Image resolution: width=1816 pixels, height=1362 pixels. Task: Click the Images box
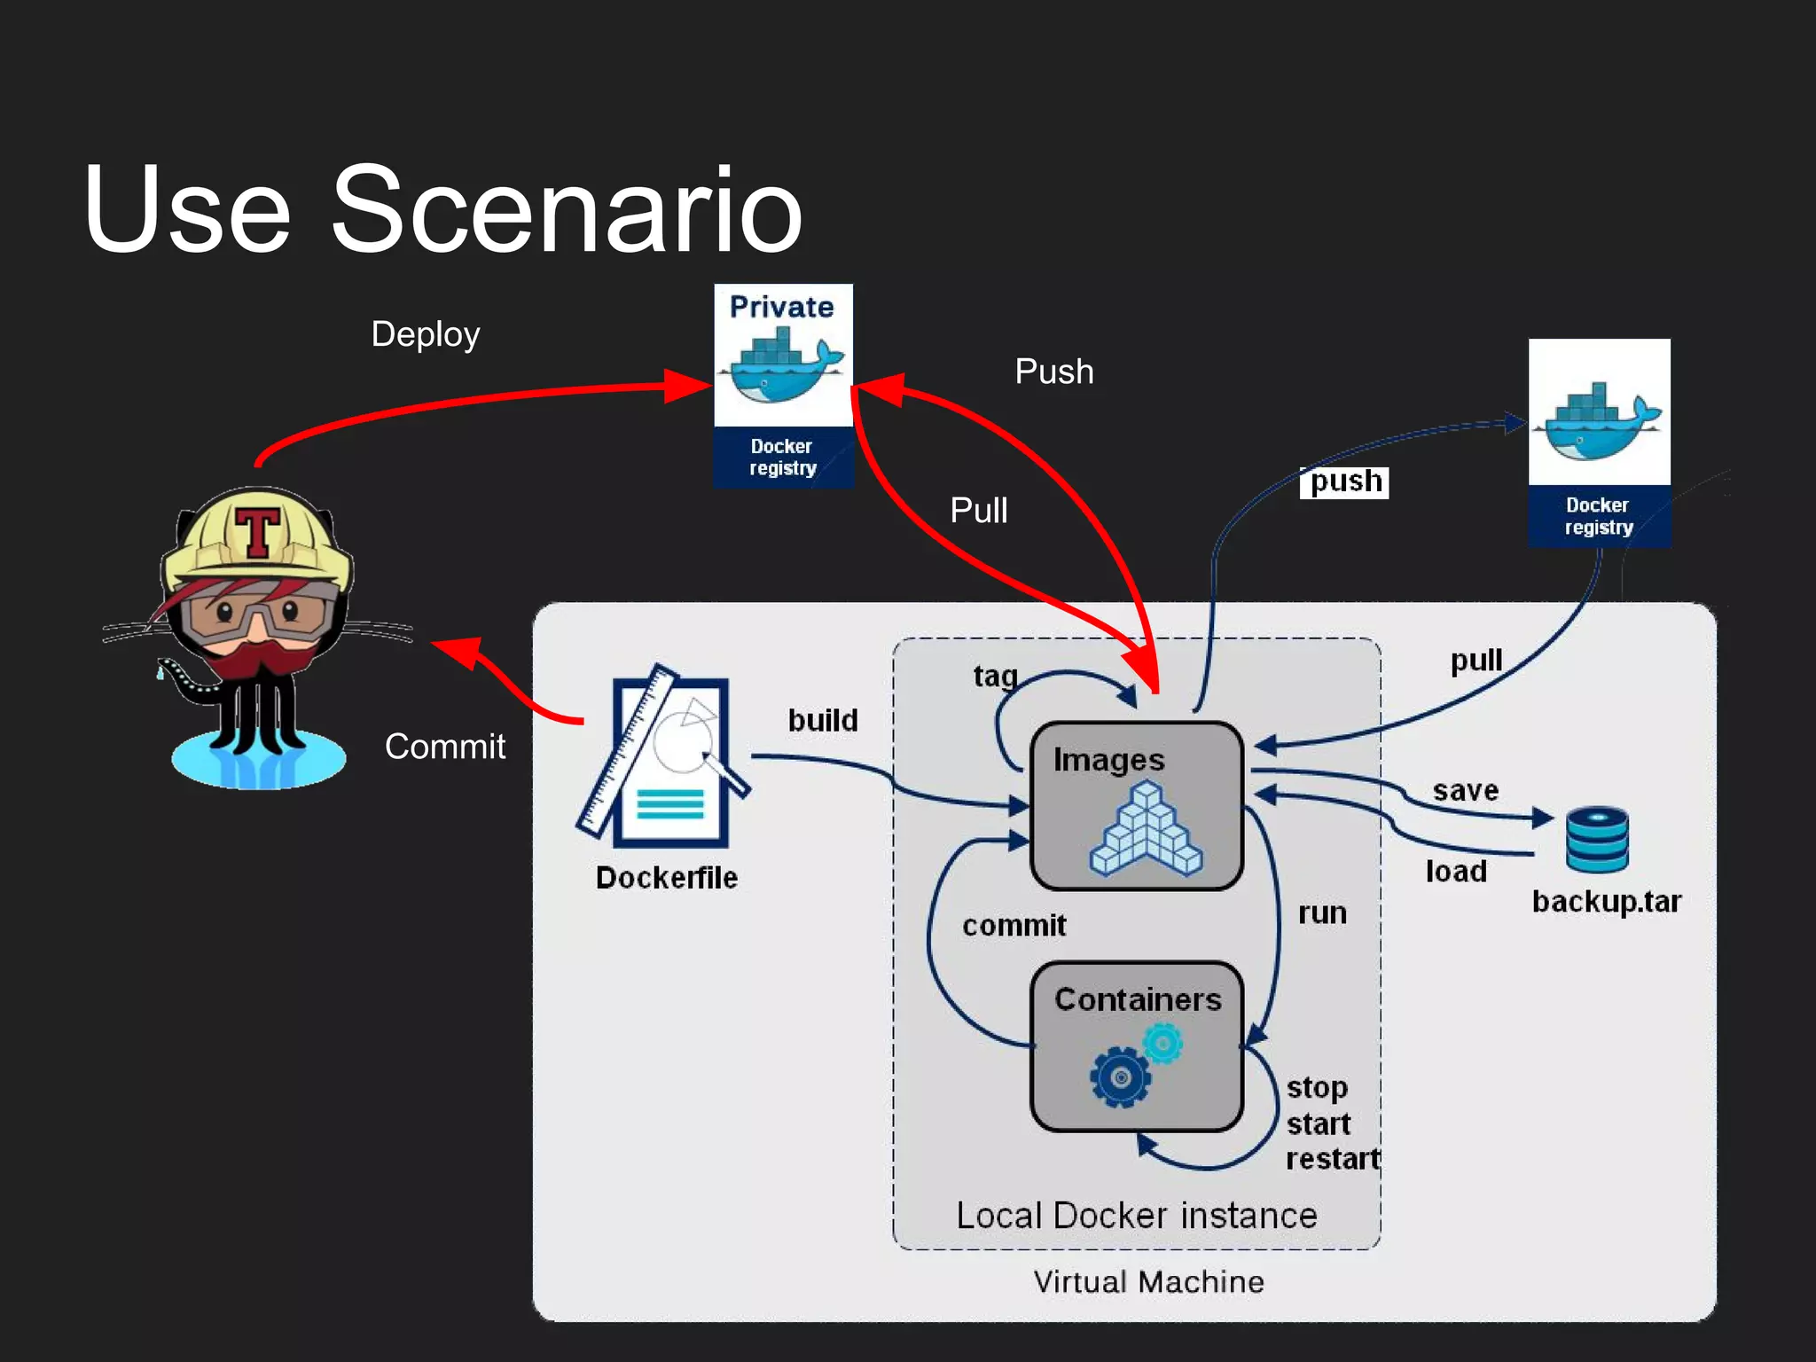(1136, 805)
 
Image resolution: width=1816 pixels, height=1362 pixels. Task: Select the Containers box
(1136, 1046)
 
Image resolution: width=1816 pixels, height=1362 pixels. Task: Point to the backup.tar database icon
(1596, 839)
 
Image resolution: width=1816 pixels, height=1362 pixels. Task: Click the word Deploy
(426, 334)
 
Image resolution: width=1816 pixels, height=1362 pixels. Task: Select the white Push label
(1053, 372)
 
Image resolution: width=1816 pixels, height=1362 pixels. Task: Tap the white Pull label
(978, 511)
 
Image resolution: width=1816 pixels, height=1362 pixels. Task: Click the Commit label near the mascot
(444, 747)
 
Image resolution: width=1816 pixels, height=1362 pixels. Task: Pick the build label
(823, 720)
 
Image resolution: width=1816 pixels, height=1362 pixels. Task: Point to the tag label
(995, 677)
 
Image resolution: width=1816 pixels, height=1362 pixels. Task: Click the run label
(1322, 913)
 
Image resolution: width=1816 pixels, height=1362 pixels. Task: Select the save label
(1465, 790)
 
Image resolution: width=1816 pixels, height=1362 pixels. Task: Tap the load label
(1456, 872)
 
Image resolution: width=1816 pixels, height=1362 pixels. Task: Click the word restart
(1333, 1159)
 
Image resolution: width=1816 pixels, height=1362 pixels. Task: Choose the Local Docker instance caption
(1136, 1216)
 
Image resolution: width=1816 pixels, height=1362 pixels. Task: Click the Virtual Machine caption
(1148, 1282)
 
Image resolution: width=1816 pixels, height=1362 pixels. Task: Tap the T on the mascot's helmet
(257, 531)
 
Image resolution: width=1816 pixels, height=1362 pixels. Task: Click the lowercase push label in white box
(1344, 482)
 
